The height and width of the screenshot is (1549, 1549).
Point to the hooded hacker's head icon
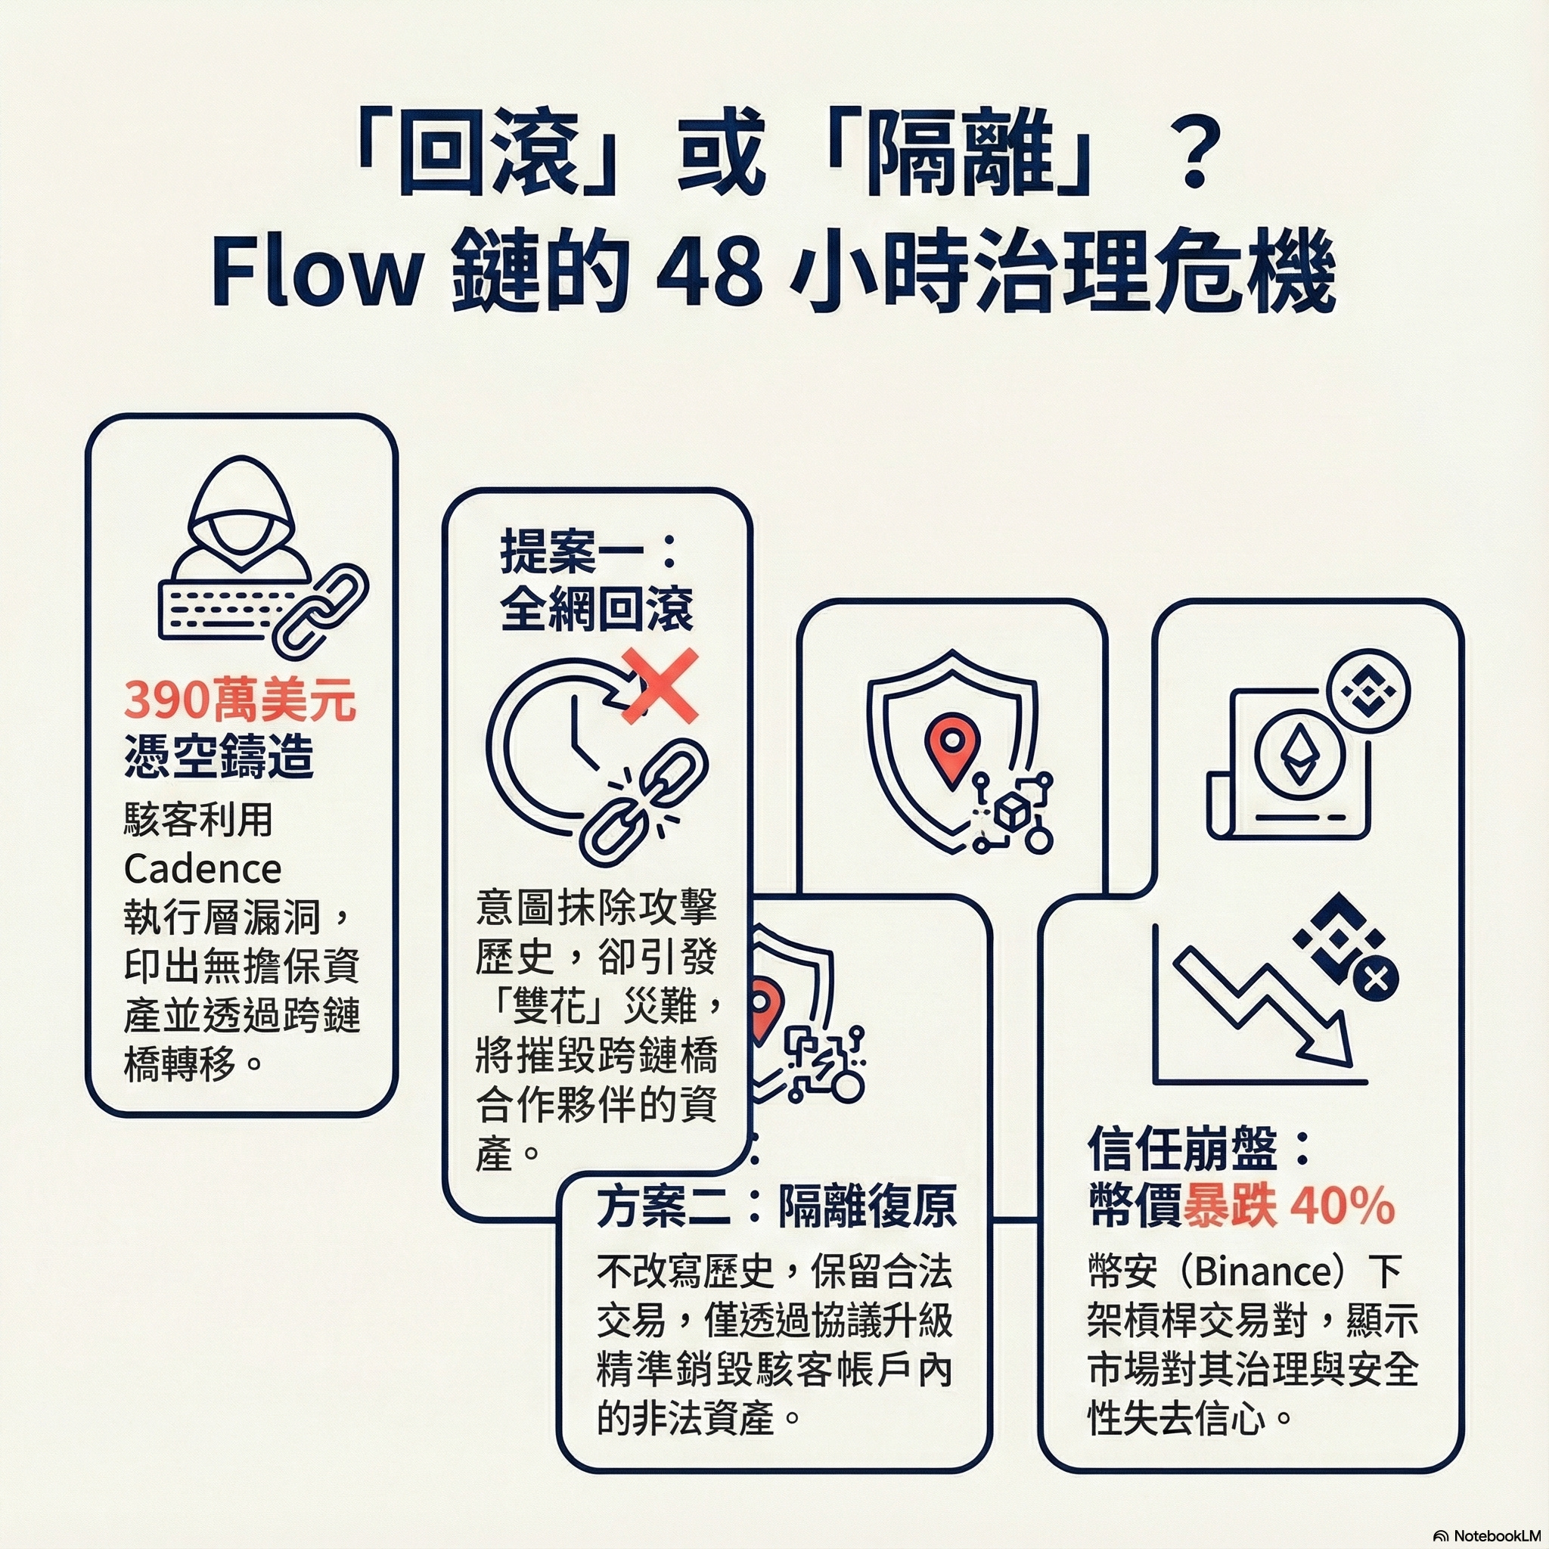tap(241, 513)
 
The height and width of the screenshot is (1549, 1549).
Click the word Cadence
tap(203, 868)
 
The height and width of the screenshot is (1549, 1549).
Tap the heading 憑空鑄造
tap(219, 756)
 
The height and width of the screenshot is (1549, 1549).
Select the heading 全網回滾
tap(598, 609)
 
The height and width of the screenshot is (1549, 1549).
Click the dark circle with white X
tap(1376, 979)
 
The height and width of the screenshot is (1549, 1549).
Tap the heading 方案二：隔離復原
tap(776, 1207)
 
